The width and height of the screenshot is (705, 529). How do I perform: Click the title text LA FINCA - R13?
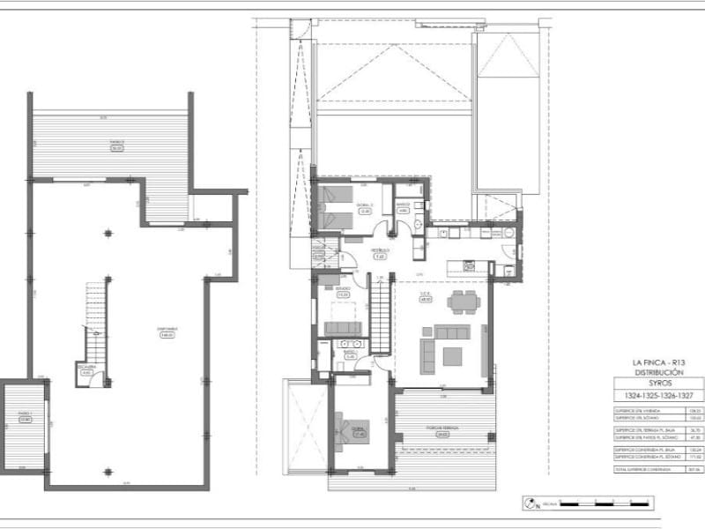(x=658, y=363)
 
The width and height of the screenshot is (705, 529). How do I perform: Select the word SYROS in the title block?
(x=658, y=384)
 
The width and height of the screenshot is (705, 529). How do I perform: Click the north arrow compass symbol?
(x=529, y=505)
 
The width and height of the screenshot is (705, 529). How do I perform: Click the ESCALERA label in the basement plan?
(x=85, y=369)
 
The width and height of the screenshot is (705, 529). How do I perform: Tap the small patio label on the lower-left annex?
(x=24, y=417)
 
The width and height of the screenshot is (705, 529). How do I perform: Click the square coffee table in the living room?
(x=452, y=356)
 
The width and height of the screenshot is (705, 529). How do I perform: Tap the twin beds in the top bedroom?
(x=336, y=208)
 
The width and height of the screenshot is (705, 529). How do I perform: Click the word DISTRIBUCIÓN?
(x=658, y=373)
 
